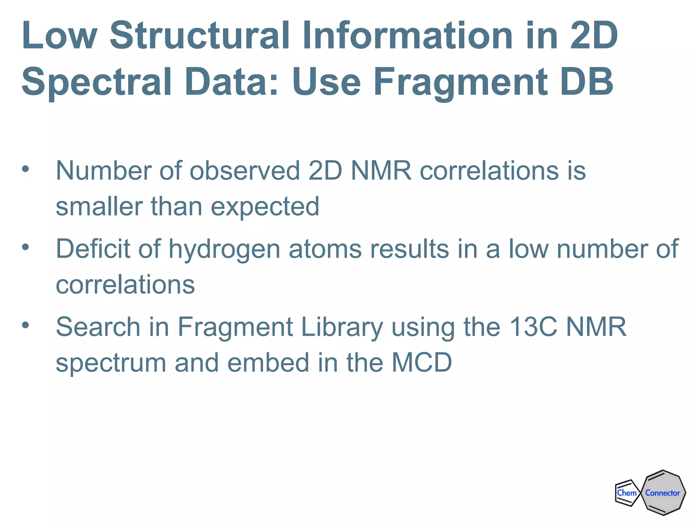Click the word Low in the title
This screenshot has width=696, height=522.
59,35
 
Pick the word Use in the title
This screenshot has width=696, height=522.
326,82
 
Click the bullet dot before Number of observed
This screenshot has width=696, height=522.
25,169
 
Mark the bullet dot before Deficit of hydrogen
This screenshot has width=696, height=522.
25,247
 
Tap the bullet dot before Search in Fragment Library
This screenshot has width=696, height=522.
25,325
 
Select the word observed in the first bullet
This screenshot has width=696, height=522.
245,170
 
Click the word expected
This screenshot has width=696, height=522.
265,207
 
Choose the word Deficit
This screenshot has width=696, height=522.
93,248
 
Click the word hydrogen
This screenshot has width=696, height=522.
224,250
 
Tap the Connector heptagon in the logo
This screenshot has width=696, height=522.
663,493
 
